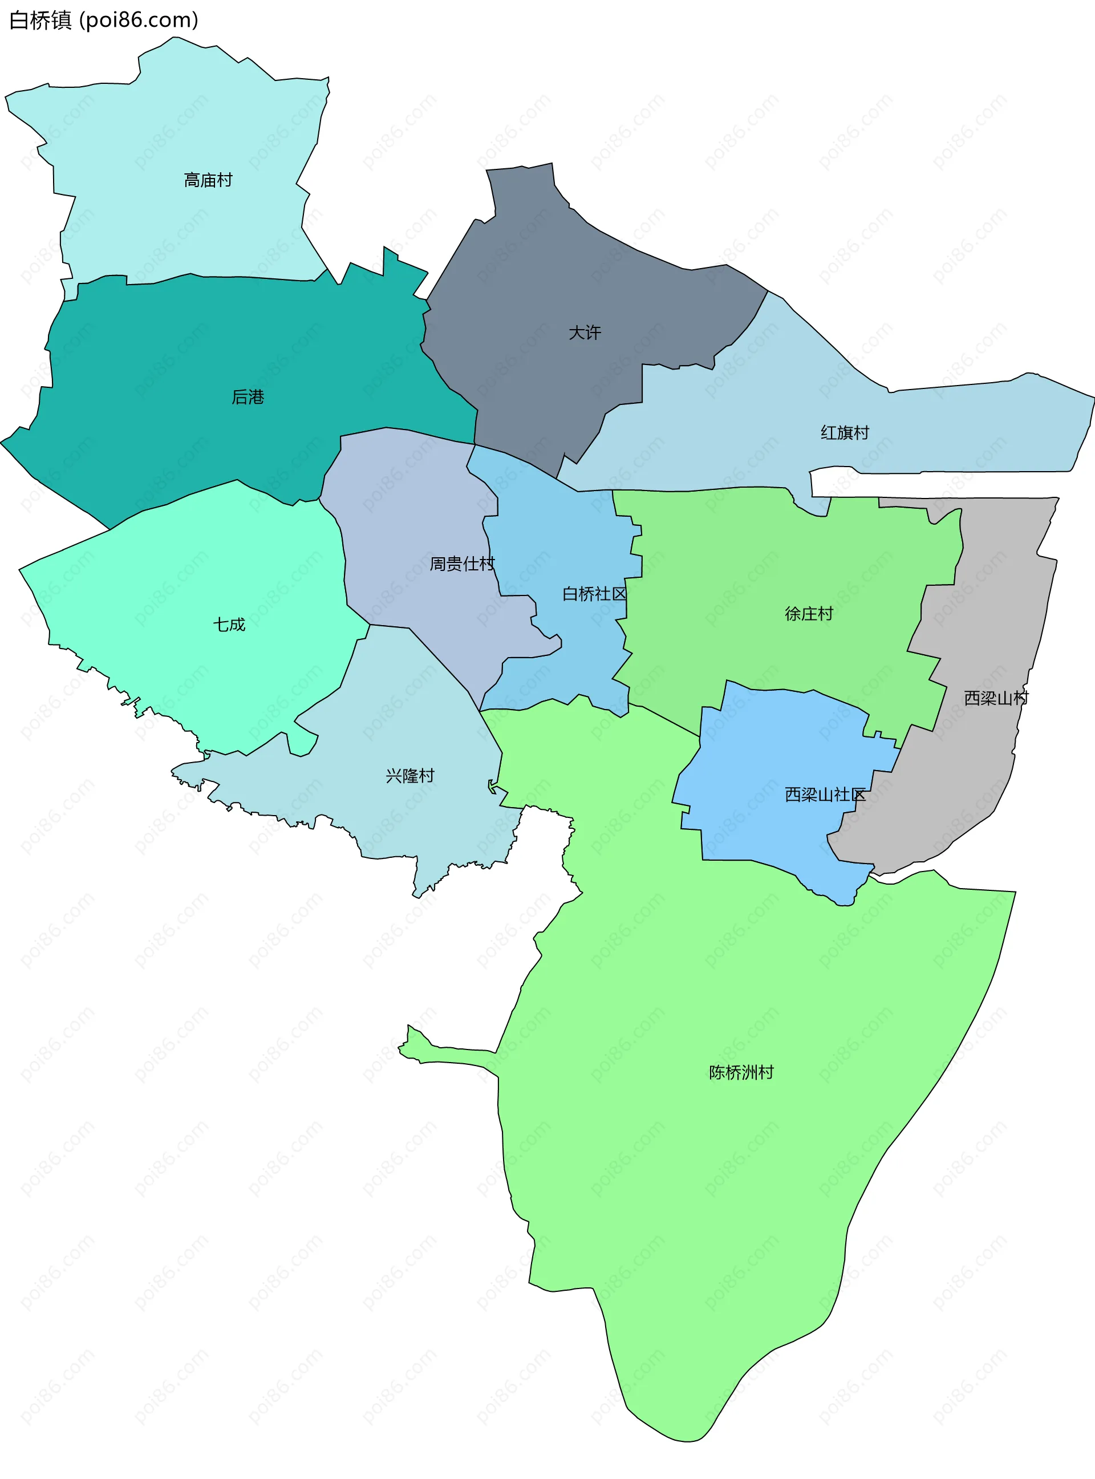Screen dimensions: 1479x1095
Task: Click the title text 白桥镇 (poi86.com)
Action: (103, 20)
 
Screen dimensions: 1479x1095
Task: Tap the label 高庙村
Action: (208, 180)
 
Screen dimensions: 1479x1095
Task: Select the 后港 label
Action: (248, 397)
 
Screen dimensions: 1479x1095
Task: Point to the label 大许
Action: (585, 333)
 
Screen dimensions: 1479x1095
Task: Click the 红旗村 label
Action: (845, 433)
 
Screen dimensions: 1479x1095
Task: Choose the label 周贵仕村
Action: (462, 564)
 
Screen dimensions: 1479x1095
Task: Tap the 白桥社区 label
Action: (594, 594)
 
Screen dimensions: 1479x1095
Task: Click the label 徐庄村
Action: (809, 614)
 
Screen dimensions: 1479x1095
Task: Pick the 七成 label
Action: (229, 625)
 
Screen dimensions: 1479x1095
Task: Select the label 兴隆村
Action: (409, 776)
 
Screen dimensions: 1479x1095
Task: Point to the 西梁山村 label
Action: (996, 698)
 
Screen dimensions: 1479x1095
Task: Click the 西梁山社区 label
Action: (825, 795)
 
